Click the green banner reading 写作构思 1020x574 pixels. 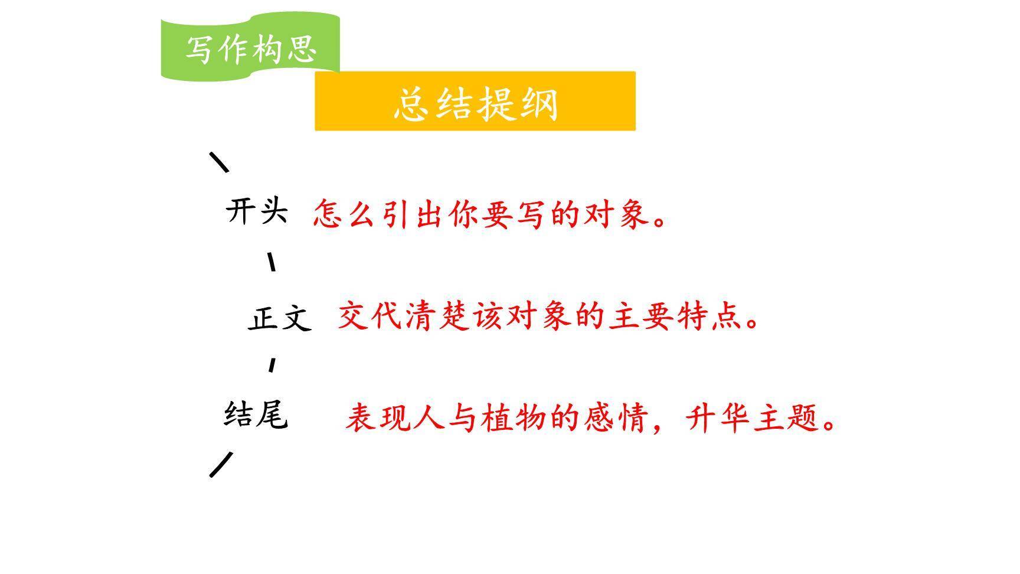pos(251,47)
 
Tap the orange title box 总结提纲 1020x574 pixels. pos(475,102)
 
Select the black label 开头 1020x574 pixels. pos(257,211)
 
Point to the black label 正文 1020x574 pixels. pos(279,318)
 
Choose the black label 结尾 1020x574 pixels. pos(256,414)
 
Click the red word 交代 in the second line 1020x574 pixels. pos(371,316)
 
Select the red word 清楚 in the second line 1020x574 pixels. pos(439,316)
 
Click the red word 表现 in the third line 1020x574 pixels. pos(378,418)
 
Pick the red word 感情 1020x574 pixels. pos(616,418)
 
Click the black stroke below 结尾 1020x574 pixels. pos(221,464)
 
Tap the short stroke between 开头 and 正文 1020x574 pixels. pos(272,262)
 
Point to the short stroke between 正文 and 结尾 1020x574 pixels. pos(272,365)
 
